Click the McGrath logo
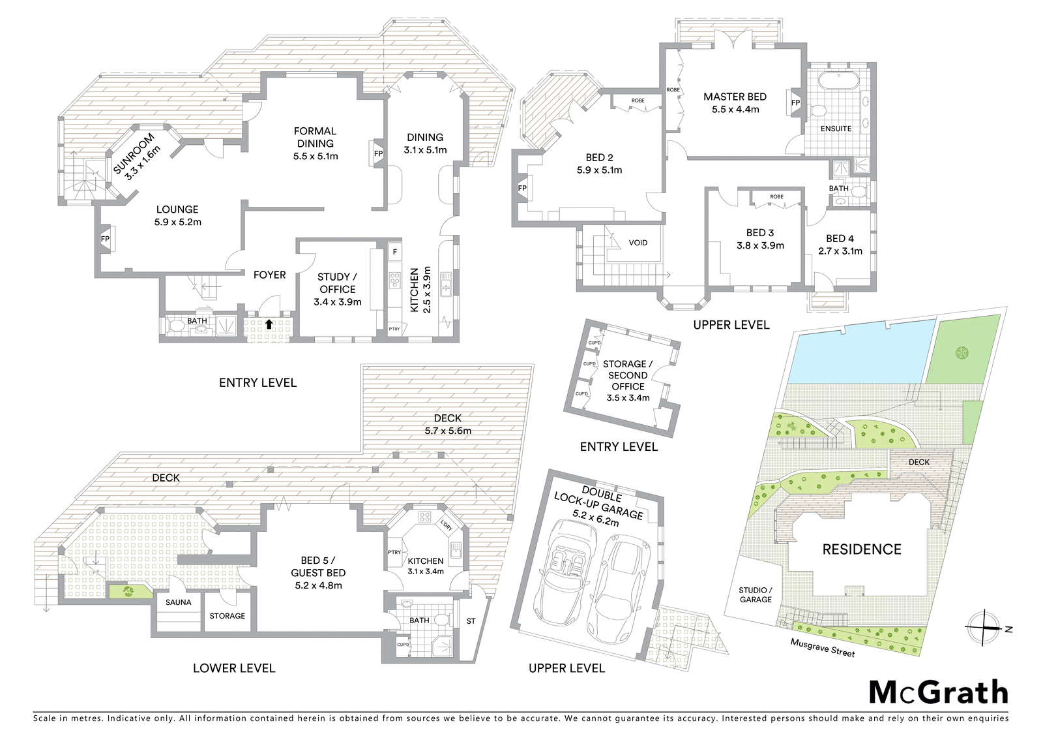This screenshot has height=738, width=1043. pyautogui.click(x=938, y=692)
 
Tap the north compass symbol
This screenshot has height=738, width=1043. pyautogui.click(x=982, y=627)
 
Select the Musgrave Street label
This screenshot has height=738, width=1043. pyautogui.click(x=822, y=647)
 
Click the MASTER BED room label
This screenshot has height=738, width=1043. pyautogui.click(x=735, y=97)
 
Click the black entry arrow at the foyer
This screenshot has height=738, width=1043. pyautogui.click(x=269, y=324)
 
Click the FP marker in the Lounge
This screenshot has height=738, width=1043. pyautogui.click(x=106, y=239)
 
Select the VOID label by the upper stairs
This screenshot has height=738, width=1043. pyautogui.click(x=638, y=243)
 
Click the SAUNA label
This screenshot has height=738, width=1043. pyautogui.click(x=178, y=602)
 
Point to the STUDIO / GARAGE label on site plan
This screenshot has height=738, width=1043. pyautogui.click(x=756, y=594)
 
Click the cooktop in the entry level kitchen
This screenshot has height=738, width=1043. pyautogui.click(x=394, y=280)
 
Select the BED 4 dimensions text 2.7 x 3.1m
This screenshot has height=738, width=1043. pyautogui.click(x=840, y=251)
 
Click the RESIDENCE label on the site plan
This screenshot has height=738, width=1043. pyautogui.click(x=862, y=549)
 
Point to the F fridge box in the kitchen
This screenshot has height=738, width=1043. pyautogui.click(x=394, y=251)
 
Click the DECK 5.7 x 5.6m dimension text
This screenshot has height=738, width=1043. pyautogui.click(x=448, y=431)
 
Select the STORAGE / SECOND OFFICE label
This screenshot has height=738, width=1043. pyautogui.click(x=628, y=375)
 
